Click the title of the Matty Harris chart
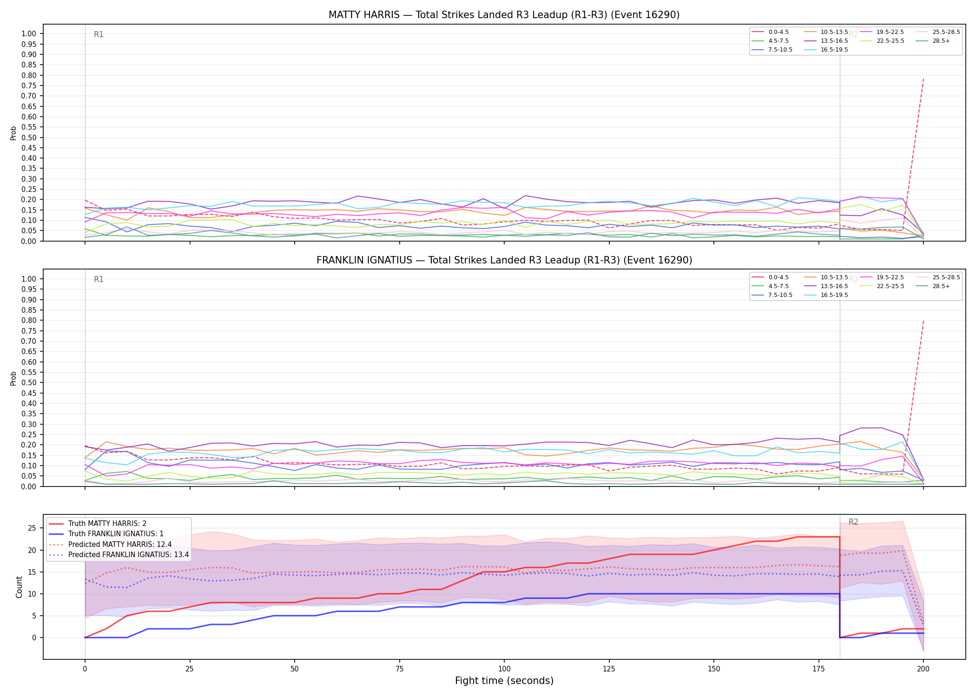click(x=504, y=15)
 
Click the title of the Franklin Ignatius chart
click(x=504, y=260)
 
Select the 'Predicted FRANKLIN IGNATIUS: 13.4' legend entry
click(x=119, y=555)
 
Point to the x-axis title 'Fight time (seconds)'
click(x=504, y=681)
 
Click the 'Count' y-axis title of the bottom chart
click(x=19, y=587)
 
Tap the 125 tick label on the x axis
click(x=609, y=669)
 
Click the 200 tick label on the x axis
click(x=923, y=669)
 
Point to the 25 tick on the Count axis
click(x=32, y=528)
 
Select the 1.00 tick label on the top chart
click(x=29, y=34)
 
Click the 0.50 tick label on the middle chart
click(x=29, y=383)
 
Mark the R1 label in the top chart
click(x=99, y=34)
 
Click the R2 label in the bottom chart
click(x=853, y=522)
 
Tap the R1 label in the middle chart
click(x=99, y=279)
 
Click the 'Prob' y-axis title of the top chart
click(x=13, y=133)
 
